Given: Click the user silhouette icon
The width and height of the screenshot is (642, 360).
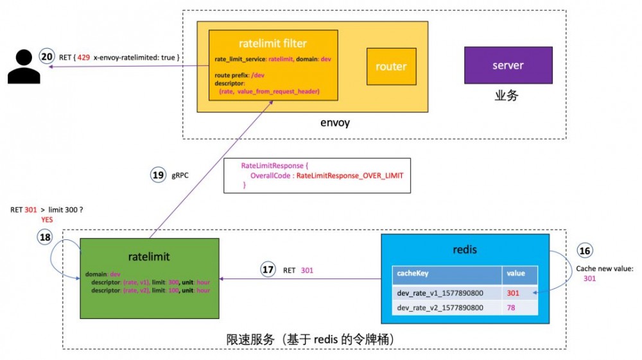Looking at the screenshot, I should (23, 66).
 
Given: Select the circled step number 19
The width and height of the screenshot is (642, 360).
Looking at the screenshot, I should (159, 175).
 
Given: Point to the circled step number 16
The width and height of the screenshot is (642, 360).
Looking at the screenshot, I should (585, 251).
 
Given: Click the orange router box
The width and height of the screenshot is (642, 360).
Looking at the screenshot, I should (391, 66).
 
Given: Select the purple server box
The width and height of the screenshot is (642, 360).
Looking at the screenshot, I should (508, 65).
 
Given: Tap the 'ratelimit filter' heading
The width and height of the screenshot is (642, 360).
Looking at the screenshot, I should (272, 44).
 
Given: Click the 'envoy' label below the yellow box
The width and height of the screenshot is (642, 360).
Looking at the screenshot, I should (334, 123).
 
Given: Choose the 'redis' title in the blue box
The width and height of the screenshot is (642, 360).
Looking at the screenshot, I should (464, 249).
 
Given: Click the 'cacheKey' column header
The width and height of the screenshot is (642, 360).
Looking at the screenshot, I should (412, 273).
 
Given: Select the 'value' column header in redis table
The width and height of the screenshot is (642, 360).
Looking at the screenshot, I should (516, 273).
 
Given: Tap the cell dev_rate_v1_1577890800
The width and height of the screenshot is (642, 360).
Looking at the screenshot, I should (440, 292).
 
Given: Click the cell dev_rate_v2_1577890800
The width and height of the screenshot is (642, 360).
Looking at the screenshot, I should (440, 308).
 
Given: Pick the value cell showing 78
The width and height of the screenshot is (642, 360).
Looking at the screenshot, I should (512, 308).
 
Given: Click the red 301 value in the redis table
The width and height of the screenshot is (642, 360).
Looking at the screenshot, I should (514, 292).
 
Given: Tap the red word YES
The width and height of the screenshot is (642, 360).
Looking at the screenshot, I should (47, 220).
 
